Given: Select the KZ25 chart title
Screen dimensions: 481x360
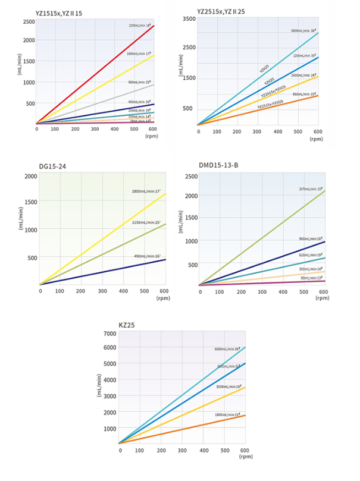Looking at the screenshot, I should pyautogui.click(x=129, y=323).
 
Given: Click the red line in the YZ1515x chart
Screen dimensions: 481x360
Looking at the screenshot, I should pyautogui.click(x=95, y=74).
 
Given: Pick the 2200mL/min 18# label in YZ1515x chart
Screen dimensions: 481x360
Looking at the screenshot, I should pyautogui.click(x=140, y=26).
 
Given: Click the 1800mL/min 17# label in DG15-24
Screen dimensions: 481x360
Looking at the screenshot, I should pyautogui.click(x=147, y=191).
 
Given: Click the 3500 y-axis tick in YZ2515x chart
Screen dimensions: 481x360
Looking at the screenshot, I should pyautogui.click(x=189, y=19).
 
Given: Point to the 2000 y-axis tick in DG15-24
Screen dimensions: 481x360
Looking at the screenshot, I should pyautogui.click(x=30, y=177).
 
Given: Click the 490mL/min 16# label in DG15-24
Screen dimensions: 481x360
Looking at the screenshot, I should pyautogui.click(x=148, y=256).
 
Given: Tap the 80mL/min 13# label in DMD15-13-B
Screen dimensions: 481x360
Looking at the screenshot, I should pyautogui.click(x=311, y=277).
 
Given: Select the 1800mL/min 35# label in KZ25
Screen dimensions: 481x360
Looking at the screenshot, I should pyautogui.click(x=226, y=413).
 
